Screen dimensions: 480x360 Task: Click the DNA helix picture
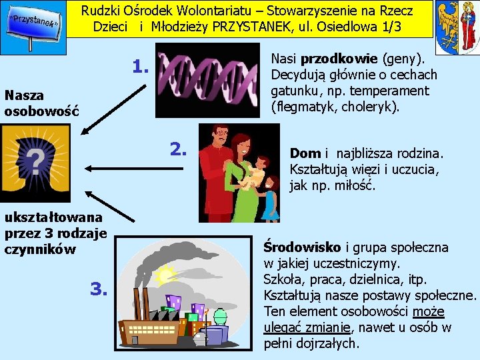point(207,80)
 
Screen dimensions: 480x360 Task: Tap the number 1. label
point(141,67)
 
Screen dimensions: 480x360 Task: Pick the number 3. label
point(99,288)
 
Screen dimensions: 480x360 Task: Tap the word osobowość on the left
point(41,111)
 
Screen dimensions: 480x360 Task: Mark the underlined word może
point(428,311)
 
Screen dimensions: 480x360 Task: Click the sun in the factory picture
point(164,273)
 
